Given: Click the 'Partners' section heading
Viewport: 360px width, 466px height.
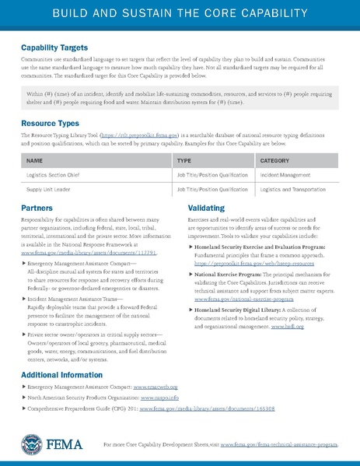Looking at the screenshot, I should click(37, 209).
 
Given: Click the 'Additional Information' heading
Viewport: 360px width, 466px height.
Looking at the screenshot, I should click(66, 373).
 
